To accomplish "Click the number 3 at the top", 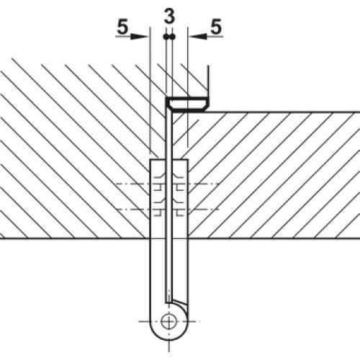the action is coord(169,17).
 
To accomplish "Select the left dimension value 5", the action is coord(122,27).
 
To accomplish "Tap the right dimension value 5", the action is coord(216,27).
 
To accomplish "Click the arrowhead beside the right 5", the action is coord(198,37).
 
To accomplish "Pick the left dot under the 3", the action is coord(166,37).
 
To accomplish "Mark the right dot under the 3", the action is coord(173,37).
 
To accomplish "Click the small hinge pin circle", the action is coord(169,321).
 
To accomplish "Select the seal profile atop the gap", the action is coord(186,104).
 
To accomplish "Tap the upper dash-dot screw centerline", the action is coord(167,184).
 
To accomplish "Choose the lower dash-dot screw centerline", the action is coord(167,210).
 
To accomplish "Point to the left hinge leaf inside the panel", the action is coord(158,199).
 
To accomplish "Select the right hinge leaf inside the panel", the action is coord(180,199).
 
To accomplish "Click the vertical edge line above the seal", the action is coord(208,81).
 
